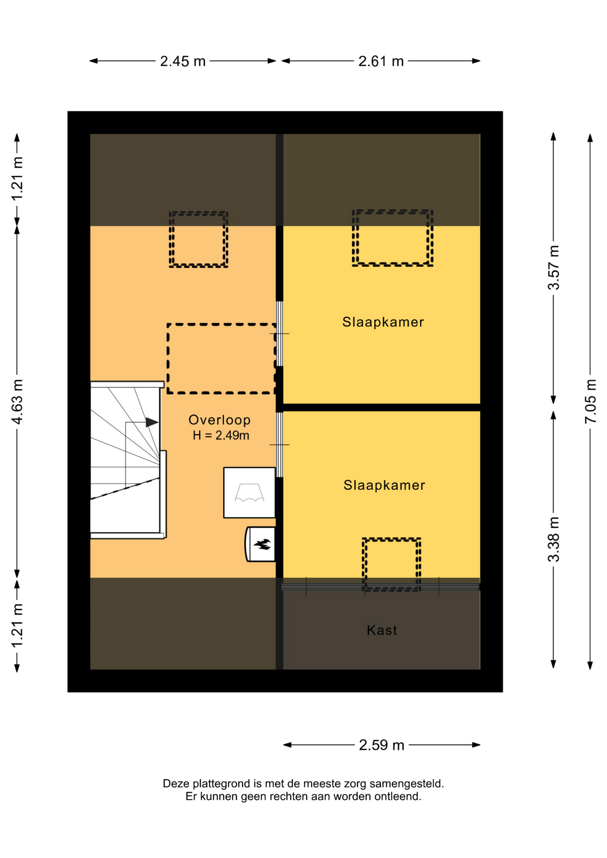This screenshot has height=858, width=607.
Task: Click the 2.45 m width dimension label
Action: pos(183,61)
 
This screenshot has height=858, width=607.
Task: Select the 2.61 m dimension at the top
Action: pos(381,61)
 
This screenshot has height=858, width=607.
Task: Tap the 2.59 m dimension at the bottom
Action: pos(382,745)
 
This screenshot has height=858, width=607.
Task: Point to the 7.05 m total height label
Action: pos(590,401)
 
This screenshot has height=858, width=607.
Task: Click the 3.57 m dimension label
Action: pos(553,268)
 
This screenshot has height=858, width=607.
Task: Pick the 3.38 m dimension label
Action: pos(553,539)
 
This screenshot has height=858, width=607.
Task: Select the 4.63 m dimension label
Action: pos(17,401)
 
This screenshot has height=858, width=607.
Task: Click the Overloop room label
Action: pos(219,420)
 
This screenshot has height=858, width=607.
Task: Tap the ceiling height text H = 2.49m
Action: pos(221,435)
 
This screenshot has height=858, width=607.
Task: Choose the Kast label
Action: pos(382,630)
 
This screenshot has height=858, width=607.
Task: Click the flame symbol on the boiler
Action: pos(262,544)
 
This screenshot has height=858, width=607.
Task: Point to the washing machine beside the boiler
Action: pos(249,492)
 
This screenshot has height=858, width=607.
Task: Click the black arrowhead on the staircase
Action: pos(152,422)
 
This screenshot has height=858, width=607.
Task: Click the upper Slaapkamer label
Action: pos(383,322)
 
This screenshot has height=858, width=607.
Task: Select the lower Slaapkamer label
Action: pos(384,485)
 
